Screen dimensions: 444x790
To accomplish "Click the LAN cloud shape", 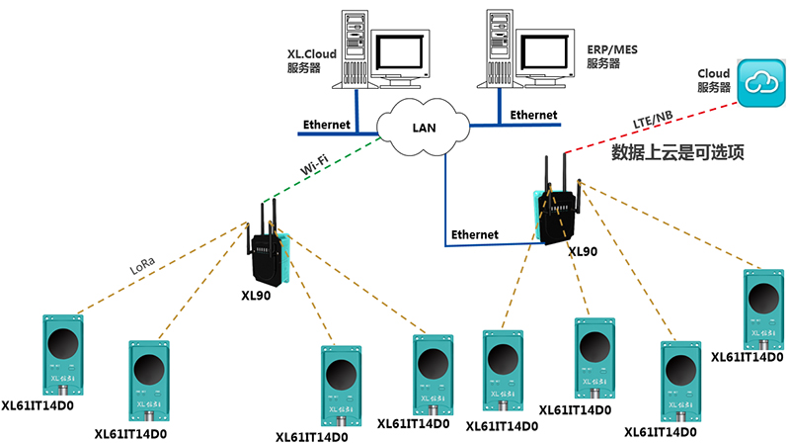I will click(x=424, y=126).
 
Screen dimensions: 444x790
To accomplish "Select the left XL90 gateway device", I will click(x=268, y=247).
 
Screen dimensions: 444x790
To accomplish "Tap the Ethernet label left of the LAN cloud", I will click(x=327, y=126).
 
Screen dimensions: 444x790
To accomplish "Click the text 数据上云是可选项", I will click(x=677, y=152).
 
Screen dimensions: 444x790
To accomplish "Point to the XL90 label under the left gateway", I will click(x=256, y=296).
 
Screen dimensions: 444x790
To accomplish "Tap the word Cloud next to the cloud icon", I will click(x=713, y=74).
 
